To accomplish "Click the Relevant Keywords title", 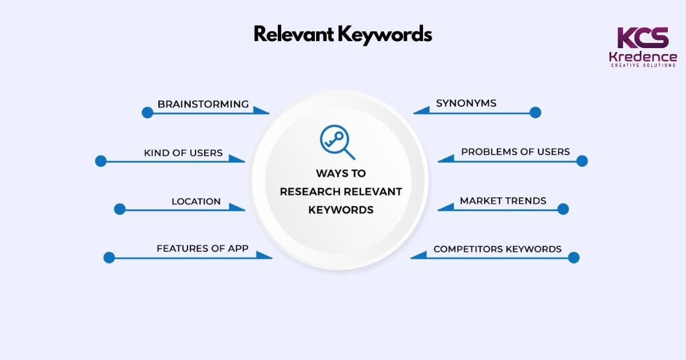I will coord(342,34).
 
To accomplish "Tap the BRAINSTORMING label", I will coord(203,104).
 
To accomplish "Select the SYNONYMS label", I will coord(466,103).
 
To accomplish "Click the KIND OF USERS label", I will coord(183,153).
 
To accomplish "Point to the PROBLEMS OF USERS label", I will coord(515,152).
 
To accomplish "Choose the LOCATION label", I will coord(196,201).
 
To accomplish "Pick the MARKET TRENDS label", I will coord(503,201).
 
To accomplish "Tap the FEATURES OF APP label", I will coord(206,249).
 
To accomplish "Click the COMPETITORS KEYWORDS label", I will coord(497,249).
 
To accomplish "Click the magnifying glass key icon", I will coord(337,143).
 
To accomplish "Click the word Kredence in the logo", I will coord(643,57).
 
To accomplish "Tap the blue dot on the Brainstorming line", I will coord(147,113).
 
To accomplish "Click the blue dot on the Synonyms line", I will coord(535,113).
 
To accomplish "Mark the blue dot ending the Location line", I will coord(119,209).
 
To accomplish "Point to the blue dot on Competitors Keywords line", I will coord(573,258).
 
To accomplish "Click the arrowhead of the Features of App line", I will coord(265,255).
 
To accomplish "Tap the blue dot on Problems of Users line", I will coord(582,161).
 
